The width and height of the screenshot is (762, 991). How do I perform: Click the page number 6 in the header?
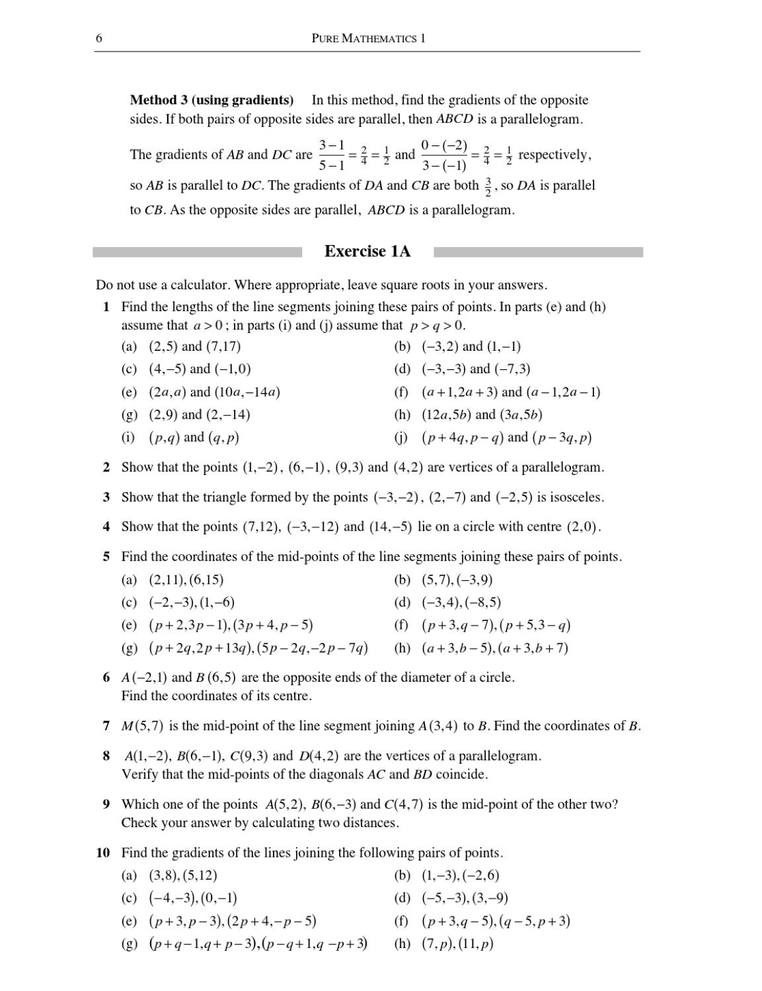coord(99,38)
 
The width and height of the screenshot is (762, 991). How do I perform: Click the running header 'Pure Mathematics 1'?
coord(368,38)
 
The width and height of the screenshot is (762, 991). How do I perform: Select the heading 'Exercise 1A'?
coord(367,252)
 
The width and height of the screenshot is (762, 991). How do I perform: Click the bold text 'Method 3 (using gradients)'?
coord(211,100)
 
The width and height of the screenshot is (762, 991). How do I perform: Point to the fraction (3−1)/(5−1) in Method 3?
coord(331,155)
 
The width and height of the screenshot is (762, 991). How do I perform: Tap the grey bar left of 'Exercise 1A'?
coord(197,252)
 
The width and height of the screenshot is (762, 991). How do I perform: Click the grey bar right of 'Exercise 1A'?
coord(538,252)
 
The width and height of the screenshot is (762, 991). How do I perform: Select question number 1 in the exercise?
coord(106,307)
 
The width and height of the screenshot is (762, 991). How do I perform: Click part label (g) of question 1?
coord(130,415)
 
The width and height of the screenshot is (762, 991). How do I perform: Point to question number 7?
coord(106,726)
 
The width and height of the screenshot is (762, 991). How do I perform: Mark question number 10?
coord(103,853)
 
